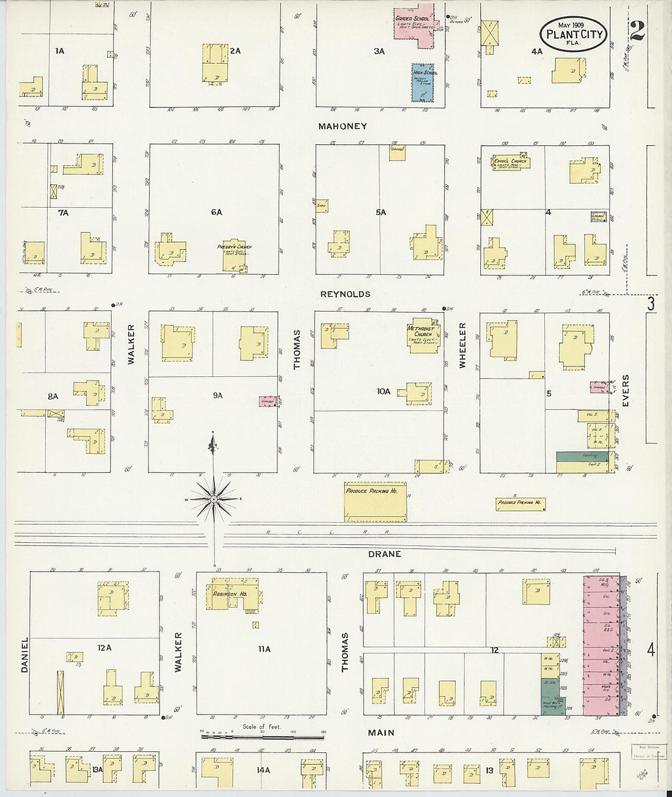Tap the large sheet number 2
tap(637, 31)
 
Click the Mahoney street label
tap(342, 126)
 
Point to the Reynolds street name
tap(345, 294)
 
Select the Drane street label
tap(384, 554)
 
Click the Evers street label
tap(626, 391)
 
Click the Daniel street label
tap(25, 655)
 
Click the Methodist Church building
tap(423, 335)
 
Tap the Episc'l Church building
tap(509, 162)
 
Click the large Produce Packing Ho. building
tap(375, 501)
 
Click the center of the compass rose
tap(214, 500)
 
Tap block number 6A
tap(216, 212)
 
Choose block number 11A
tap(264, 649)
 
